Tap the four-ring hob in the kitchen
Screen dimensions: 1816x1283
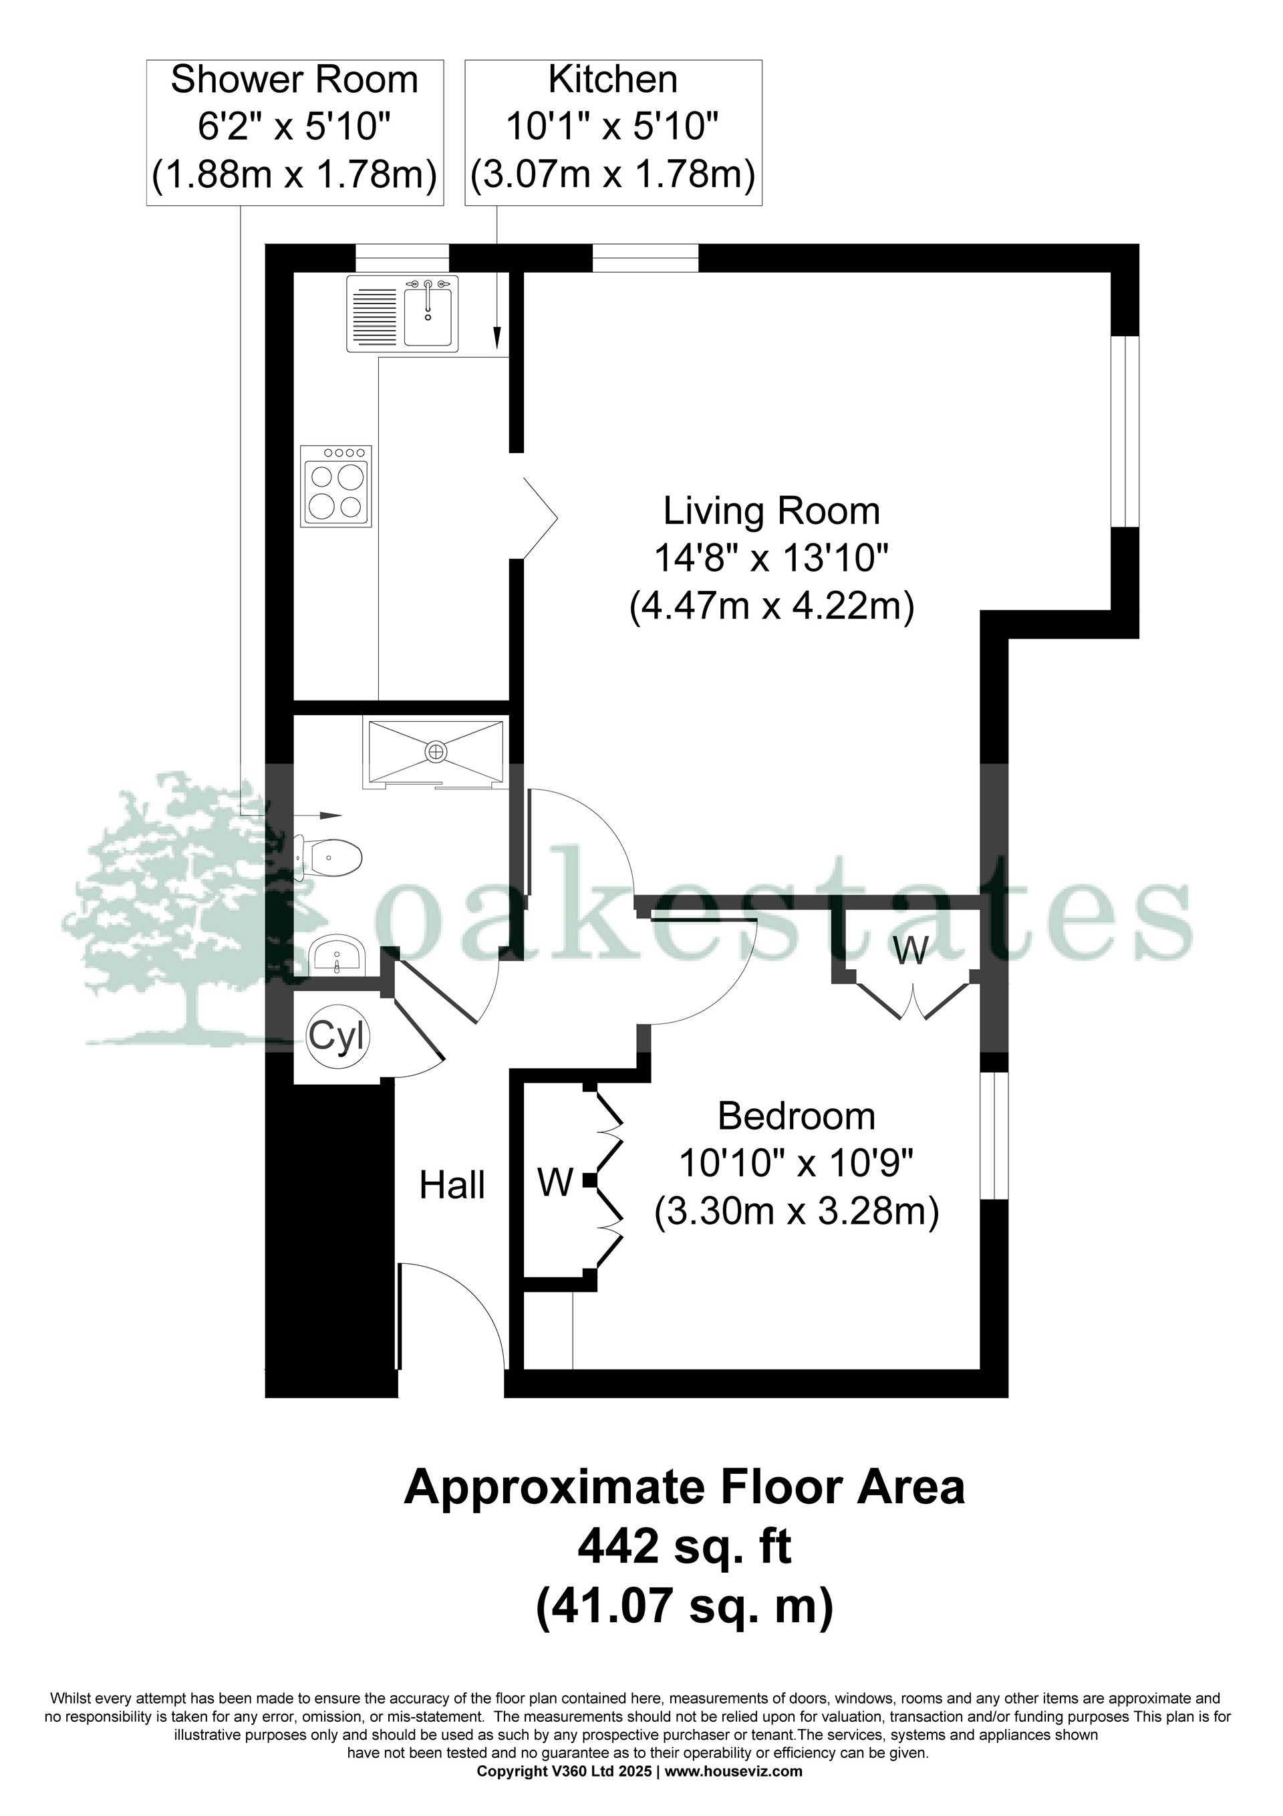[336, 487]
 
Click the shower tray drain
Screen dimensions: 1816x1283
[435, 751]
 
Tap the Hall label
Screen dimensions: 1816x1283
[452, 1186]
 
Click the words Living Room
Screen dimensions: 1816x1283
[771, 511]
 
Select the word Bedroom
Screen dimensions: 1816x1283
[796, 1117]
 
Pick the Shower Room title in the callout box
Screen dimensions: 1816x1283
[294, 80]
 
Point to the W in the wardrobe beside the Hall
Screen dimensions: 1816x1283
[555, 1182]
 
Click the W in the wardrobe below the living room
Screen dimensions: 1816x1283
[910, 950]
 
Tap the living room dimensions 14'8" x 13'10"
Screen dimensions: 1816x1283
[771, 560]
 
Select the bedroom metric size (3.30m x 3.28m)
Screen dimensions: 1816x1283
[796, 1212]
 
